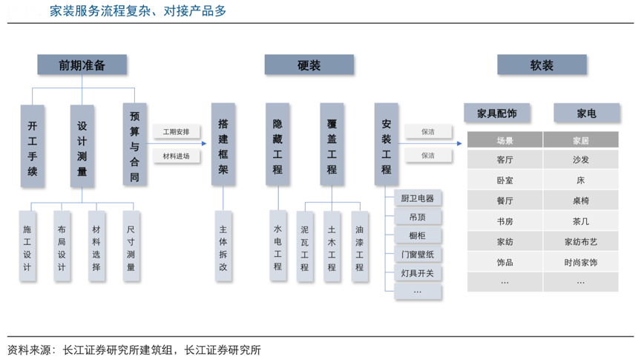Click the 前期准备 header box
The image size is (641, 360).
point(82,65)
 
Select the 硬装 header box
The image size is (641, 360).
point(309,65)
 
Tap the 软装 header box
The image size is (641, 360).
point(542,65)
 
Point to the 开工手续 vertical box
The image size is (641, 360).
point(33,145)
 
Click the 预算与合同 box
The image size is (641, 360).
point(134,145)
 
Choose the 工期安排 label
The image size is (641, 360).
point(177,132)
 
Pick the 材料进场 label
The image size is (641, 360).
point(177,156)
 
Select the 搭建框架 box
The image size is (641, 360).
point(223,145)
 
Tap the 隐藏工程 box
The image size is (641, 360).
point(277,145)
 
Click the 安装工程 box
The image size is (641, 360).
point(386,145)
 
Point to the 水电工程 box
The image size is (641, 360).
point(277,246)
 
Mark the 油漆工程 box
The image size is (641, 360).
point(359,246)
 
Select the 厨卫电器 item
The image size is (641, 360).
point(418,198)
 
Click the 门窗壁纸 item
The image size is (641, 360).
point(418,255)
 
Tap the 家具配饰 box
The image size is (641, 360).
point(496,114)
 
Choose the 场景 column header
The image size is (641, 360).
point(504,140)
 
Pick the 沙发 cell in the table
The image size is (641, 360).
point(581,160)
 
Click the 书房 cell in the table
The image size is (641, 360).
point(504,221)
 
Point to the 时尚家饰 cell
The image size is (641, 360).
point(581,262)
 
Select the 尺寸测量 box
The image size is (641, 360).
point(131,246)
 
